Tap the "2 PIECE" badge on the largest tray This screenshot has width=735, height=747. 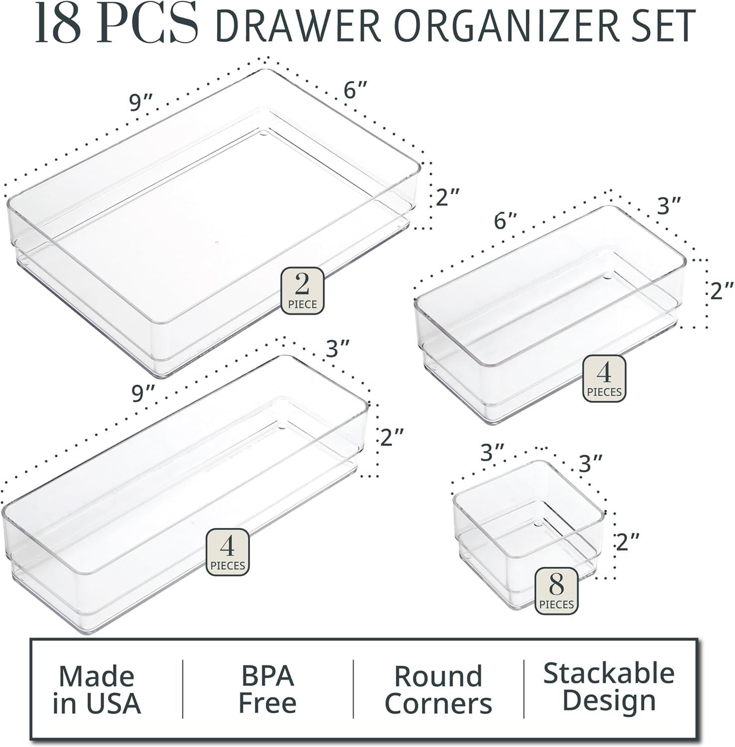[x=302, y=291]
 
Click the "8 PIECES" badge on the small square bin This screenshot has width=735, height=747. [x=556, y=591]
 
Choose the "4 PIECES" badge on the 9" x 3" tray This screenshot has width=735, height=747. [x=228, y=552]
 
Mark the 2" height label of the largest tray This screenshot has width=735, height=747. [x=447, y=198]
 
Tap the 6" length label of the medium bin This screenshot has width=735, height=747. [x=505, y=220]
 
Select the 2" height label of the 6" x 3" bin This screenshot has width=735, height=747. [x=722, y=290]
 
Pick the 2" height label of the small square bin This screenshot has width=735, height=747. [x=627, y=542]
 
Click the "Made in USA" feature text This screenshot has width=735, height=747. [x=97, y=689]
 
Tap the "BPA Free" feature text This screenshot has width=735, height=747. [x=267, y=689]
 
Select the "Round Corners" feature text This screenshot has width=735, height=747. [x=438, y=689]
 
